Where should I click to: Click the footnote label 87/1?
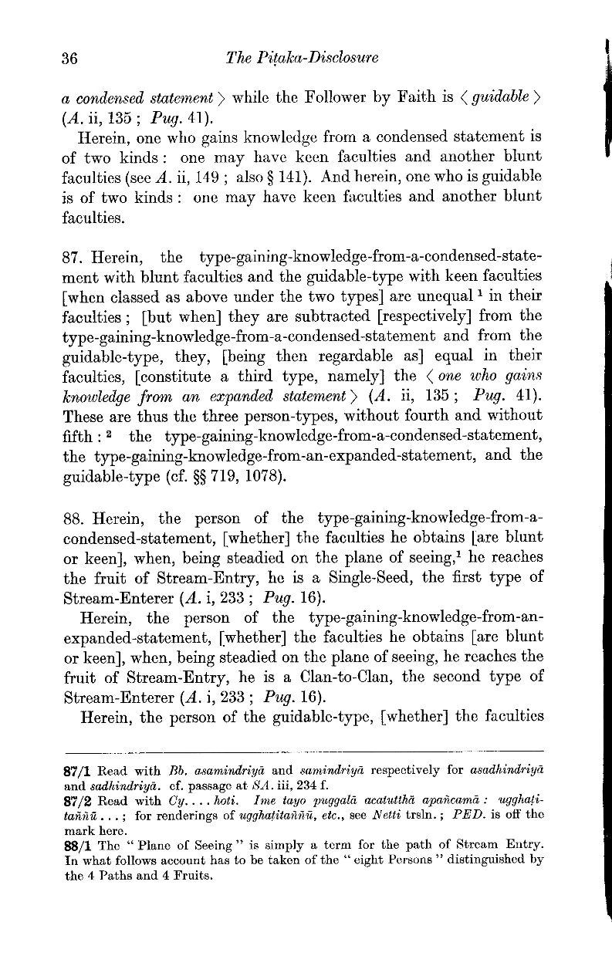pyautogui.click(x=76, y=770)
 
